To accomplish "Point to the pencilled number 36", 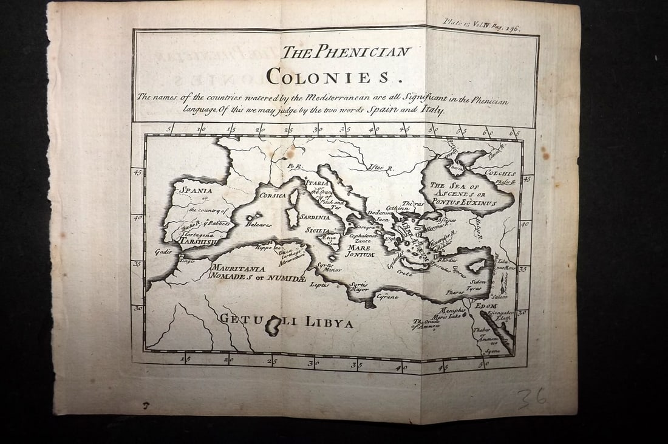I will coord(531,399).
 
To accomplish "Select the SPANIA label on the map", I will coord(195,190).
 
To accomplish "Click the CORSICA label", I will coord(272,196).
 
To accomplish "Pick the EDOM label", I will coord(486,306).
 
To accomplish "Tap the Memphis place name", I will coord(452,310).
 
